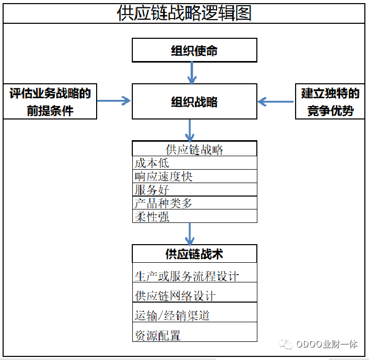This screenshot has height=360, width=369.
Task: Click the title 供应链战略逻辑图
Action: pyautogui.click(x=184, y=13)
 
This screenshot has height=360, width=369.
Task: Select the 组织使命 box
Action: pyautogui.click(x=194, y=50)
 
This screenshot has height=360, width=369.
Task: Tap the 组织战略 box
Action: pyautogui.click(x=194, y=101)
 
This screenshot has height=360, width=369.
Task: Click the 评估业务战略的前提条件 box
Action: pyautogui.click(x=50, y=101)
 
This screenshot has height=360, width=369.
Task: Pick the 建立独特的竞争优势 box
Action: pyautogui.click(x=330, y=101)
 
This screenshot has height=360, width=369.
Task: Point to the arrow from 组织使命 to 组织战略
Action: pyautogui.click(x=192, y=73)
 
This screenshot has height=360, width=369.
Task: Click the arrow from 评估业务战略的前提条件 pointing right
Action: pyautogui.click(x=114, y=101)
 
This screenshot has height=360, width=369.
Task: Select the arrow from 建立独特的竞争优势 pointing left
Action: pyautogui.click(x=275, y=102)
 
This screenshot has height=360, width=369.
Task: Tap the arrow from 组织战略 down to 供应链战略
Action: pyautogui.click(x=190, y=130)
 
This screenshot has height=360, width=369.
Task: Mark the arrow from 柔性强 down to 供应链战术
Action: pyautogui.click(x=190, y=234)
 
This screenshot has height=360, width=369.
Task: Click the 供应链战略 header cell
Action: pyautogui.click(x=194, y=148)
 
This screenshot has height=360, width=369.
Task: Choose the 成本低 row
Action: pyautogui.click(x=194, y=162)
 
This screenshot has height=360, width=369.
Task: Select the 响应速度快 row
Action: pyautogui.click(x=194, y=176)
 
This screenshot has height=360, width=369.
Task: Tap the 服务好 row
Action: pyautogui.click(x=194, y=189)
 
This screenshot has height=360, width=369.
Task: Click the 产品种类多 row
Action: pyautogui.click(x=194, y=203)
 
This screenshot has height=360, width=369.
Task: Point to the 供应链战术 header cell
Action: pyautogui.click(x=194, y=254)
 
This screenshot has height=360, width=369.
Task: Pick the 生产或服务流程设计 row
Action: pyautogui.click(x=194, y=273)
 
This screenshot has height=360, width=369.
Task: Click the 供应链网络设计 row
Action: pyautogui.click(x=194, y=292)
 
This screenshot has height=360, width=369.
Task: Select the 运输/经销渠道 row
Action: pyautogui.click(x=194, y=312)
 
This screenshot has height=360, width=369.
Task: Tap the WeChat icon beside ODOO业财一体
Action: pyautogui.click(x=286, y=344)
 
